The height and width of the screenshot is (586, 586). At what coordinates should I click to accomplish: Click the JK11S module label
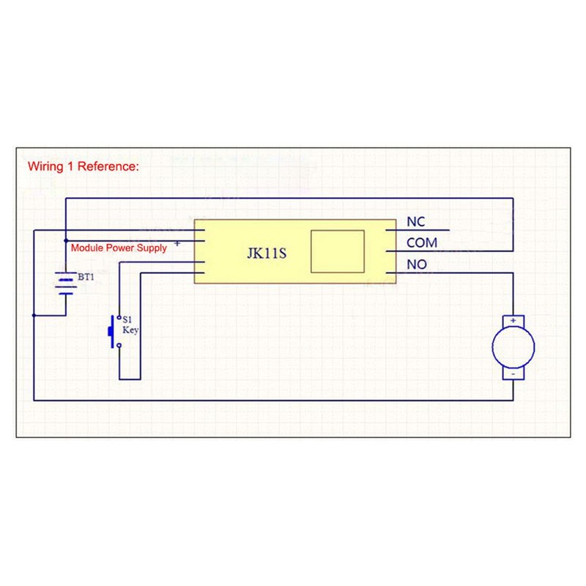[x=267, y=253]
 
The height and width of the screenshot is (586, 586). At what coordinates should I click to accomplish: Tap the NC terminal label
[x=415, y=222]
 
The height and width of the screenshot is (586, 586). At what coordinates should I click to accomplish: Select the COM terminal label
[x=422, y=243]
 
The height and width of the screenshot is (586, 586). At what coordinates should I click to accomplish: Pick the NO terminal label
[x=417, y=264]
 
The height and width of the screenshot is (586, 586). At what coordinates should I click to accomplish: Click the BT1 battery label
[x=86, y=277]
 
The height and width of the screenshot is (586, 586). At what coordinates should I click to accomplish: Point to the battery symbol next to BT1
[x=66, y=283]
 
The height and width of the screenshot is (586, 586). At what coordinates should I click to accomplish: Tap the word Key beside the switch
[x=130, y=330]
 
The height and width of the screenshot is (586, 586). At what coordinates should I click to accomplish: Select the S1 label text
[x=127, y=319]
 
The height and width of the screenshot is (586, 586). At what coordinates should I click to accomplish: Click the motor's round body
[x=513, y=347]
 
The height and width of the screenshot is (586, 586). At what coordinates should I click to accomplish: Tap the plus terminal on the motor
[x=513, y=321]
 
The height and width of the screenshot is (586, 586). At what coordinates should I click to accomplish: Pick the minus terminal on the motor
[x=513, y=374]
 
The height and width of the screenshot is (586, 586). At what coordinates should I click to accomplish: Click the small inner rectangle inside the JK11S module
[x=338, y=251]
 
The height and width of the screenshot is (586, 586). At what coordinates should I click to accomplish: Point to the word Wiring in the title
[x=45, y=167]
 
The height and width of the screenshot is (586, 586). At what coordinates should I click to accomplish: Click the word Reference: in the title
[x=108, y=166]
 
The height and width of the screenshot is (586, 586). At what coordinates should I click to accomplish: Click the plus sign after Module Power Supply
[x=177, y=244]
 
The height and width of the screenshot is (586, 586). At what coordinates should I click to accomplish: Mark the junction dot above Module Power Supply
[x=66, y=241]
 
